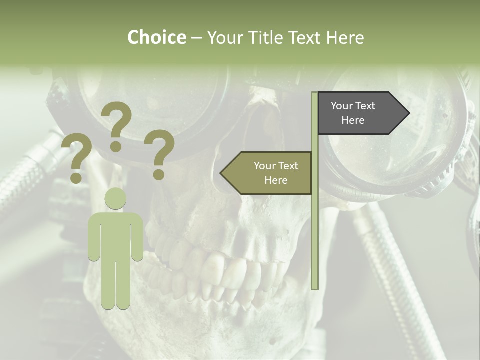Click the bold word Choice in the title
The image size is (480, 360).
[156, 37]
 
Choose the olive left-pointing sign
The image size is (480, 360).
[267, 173]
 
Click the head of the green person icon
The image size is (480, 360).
[115, 198]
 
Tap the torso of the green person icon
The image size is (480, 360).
[115, 235]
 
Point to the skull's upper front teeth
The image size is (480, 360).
[220, 270]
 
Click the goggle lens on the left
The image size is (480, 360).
[150, 100]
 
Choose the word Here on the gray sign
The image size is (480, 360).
[353, 120]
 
